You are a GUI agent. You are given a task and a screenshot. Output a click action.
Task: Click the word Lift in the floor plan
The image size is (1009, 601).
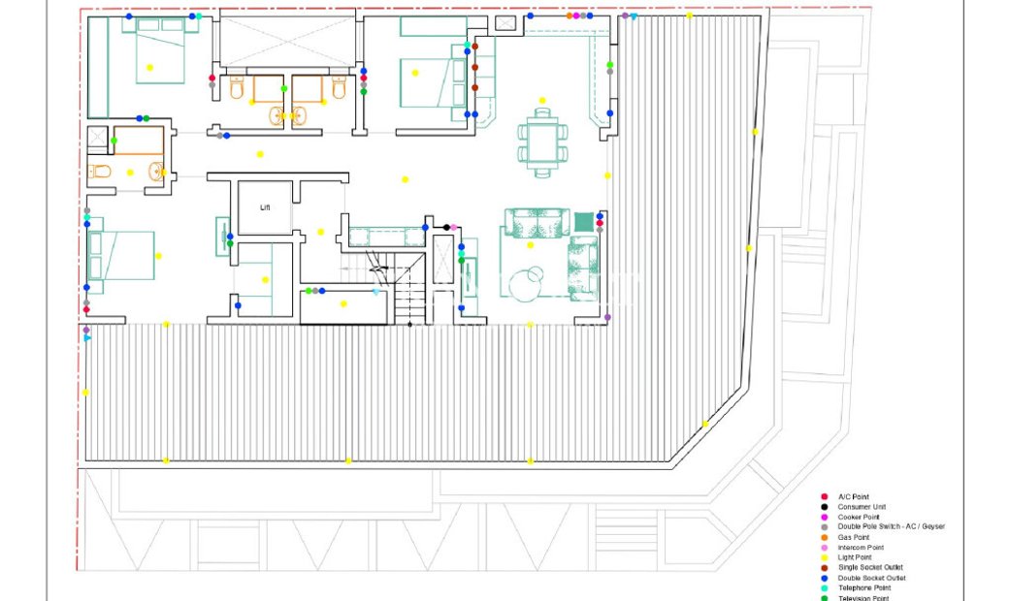pos(265,207)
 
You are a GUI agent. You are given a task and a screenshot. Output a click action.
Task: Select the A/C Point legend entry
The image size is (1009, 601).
pos(853,496)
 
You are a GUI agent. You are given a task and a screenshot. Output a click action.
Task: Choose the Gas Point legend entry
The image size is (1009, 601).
pos(853,537)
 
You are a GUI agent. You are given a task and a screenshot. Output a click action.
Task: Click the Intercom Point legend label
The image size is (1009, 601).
pos(861,548)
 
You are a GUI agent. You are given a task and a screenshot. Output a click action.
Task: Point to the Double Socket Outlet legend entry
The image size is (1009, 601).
pos(870,578)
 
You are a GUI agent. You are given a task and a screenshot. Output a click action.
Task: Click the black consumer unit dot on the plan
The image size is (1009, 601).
pos(446,227)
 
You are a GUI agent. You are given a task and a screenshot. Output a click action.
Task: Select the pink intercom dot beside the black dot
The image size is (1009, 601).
pos(454,227)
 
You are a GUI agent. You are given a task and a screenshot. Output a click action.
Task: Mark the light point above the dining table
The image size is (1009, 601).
pos(542,100)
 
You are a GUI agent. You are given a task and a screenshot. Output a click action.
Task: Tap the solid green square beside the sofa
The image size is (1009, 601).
pos(583,221)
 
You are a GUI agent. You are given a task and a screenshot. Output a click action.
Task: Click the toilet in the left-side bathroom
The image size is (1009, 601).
pos(101,173)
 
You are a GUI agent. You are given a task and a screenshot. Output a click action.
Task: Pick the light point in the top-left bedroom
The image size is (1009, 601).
pos(149,67)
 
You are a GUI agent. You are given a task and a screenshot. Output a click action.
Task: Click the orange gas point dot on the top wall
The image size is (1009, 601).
pos(568,16)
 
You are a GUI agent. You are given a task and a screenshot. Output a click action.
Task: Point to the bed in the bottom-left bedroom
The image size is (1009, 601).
pos(121,255)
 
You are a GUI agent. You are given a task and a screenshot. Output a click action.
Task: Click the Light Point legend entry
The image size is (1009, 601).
pos(854,557)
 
